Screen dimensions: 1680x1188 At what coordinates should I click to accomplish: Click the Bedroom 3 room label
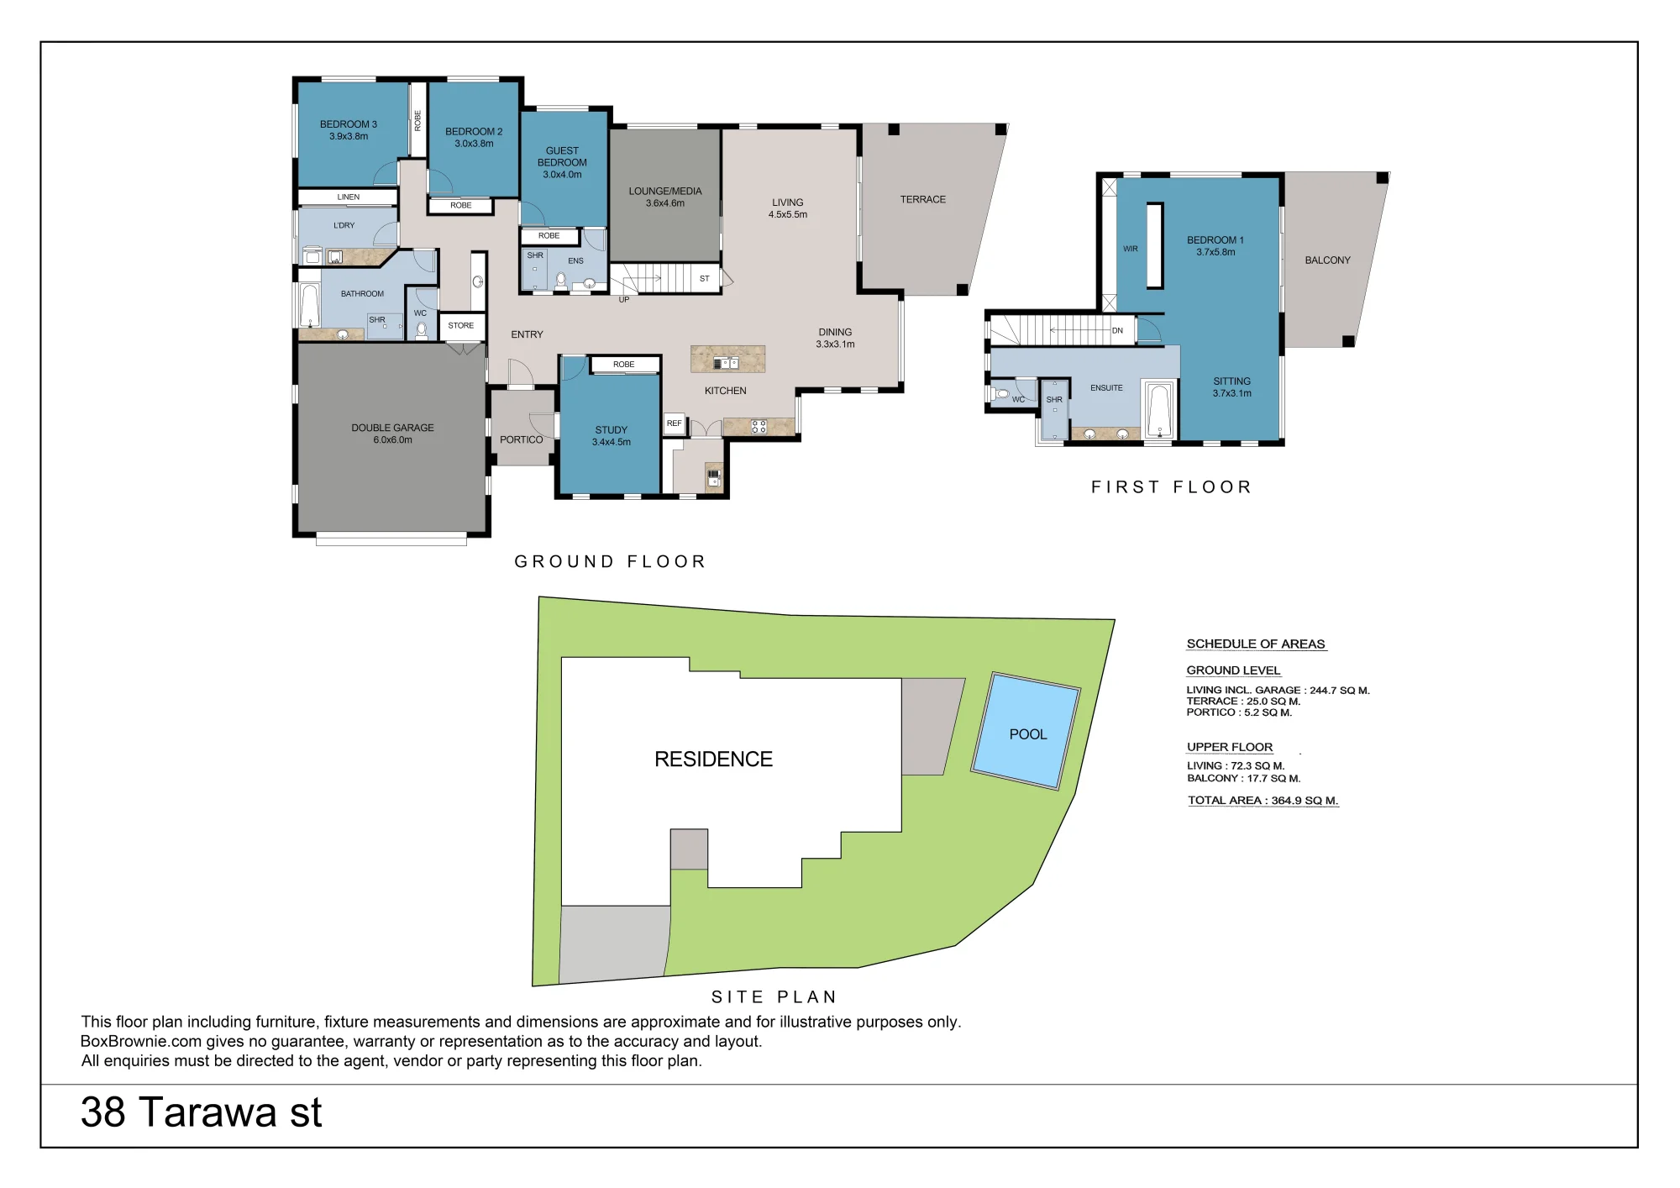pyautogui.click(x=349, y=124)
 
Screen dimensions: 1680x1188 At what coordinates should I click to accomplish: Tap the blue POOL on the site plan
pyautogui.click(x=1026, y=731)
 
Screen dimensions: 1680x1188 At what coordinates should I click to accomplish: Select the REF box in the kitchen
pyautogui.click(x=675, y=423)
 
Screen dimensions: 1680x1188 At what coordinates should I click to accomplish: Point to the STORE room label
pyautogui.click(x=460, y=326)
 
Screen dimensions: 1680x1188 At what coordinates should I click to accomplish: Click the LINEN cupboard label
pyautogui.click(x=349, y=197)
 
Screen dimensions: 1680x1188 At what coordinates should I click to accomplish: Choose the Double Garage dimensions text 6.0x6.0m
pyautogui.click(x=393, y=440)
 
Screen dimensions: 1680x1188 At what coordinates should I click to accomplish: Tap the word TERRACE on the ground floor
pyautogui.click(x=923, y=200)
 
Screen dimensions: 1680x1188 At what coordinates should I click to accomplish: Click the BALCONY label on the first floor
pyautogui.click(x=1328, y=260)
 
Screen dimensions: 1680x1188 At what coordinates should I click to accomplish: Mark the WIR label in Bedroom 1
pyautogui.click(x=1131, y=249)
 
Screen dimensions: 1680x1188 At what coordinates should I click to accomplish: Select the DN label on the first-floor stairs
pyautogui.click(x=1117, y=331)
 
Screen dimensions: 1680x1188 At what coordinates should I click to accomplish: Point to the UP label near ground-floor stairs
pyautogui.click(x=624, y=300)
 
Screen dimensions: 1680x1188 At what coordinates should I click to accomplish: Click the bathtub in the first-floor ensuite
pyautogui.click(x=1160, y=410)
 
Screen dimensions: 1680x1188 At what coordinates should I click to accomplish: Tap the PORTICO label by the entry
pyautogui.click(x=522, y=440)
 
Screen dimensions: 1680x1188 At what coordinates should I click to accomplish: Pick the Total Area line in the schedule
pyautogui.click(x=1263, y=801)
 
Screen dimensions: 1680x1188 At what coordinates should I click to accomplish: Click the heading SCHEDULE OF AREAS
pyautogui.click(x=1256, y=644)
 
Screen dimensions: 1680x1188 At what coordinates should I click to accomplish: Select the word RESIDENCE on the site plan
pyautogui.click(x=713, y=760)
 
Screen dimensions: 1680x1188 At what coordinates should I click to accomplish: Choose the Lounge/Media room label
pyautogui.click(x=665, y=192)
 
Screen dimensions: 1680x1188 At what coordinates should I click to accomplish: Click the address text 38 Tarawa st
pyautogui.click(x=202, y=1112)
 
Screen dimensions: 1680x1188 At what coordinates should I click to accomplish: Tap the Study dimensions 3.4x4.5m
pyautogui.click(x=612, y=443)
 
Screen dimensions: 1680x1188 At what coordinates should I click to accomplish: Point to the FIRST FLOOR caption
pyautogui.click(x=1172, y=487)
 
